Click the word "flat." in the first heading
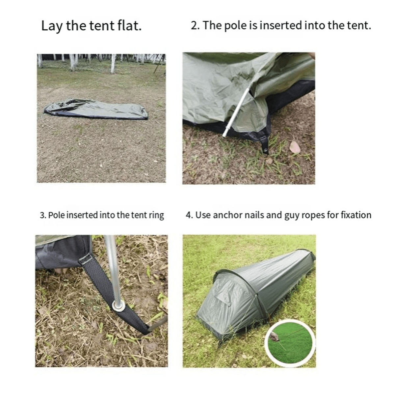(129, 26)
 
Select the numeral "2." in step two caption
(195, 26)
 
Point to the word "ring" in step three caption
(157, 216)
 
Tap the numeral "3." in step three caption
(43, 216)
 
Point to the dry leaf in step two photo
(295, 147)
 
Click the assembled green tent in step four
(250, 293)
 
